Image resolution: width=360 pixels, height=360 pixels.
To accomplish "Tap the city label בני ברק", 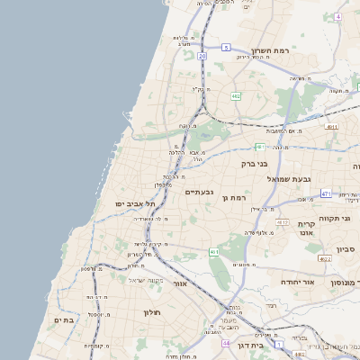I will pos(255,164).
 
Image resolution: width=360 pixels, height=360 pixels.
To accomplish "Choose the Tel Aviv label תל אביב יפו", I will pos(130,204).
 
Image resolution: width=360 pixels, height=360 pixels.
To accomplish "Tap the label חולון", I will pos(151,312).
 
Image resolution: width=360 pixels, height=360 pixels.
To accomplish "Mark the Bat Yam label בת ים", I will pos(63,319).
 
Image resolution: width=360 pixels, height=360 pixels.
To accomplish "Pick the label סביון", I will pos(346,249).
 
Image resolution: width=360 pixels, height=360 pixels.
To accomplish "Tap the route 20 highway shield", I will pos(202,56).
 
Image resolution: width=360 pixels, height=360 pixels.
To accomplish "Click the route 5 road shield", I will pos(228,47).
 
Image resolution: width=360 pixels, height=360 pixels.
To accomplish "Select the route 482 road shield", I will pos(235,94).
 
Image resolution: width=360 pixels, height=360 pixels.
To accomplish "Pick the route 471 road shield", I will pos(325,193).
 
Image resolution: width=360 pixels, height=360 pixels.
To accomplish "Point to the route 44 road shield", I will pos(226,344).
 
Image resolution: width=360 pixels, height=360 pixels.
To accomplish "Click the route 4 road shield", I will pos(337,16).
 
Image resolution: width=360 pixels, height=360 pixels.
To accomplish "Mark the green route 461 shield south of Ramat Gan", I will pos(214,252).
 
